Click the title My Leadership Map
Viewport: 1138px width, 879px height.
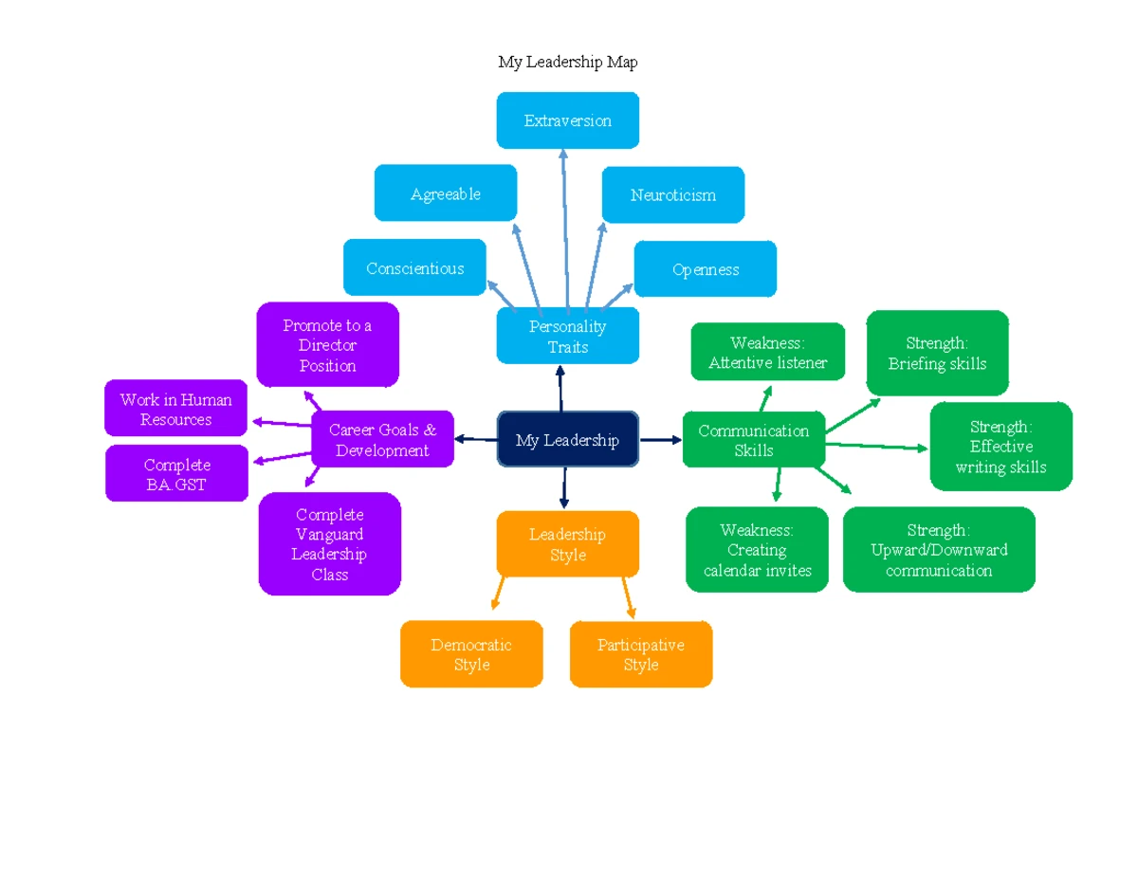[x=568, y=63]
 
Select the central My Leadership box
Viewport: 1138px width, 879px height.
[x=568, y=440]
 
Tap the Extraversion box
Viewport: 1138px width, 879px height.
[x=568, y=120]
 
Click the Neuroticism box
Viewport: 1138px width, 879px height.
[x=673, y=194]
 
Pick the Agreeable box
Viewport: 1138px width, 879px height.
[x=446, y=193]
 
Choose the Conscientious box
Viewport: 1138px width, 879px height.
[x=414, y=268]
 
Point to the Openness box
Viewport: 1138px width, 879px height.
[x=706, y=269]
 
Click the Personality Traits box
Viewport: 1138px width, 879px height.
[x=568, y=337]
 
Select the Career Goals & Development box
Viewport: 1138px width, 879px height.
[x=383, y=440]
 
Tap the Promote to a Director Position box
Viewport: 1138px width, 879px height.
[x=328, y=345]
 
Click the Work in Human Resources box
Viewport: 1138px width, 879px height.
[x=176, y=410]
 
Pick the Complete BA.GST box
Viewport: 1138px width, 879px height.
[x=176, y=474]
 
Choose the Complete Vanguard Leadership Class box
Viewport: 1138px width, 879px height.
[x=330, y=544]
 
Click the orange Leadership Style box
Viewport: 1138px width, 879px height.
[x=568, y=544]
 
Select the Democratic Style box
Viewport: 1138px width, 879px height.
[x=471, y=654]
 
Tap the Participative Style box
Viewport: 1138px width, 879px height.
[x=641, y=654]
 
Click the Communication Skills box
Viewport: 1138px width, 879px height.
[x=754, y=440]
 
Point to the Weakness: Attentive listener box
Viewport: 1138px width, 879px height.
[x=768, y=352]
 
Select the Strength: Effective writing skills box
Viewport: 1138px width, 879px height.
[x=1001, y=447]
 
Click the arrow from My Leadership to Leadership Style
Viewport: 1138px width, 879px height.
[x=564, y=487]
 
